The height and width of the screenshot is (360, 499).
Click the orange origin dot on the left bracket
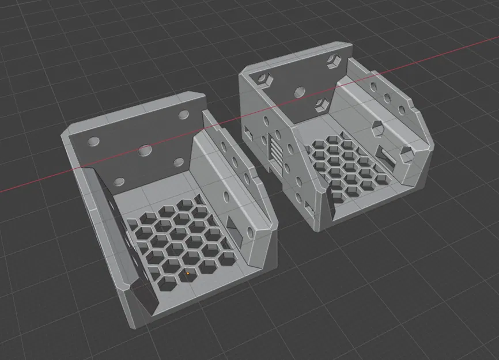(x=188, y=273)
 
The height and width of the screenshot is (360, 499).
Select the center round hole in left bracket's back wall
(x=145, y=151)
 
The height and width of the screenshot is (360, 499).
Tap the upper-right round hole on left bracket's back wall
(x=184, y=115)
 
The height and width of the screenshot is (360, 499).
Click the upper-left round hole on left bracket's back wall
(x=92, y=142)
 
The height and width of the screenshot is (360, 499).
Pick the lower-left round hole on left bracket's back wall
(x=119, y=182)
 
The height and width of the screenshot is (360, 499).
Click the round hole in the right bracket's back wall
(x=299, y=90)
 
